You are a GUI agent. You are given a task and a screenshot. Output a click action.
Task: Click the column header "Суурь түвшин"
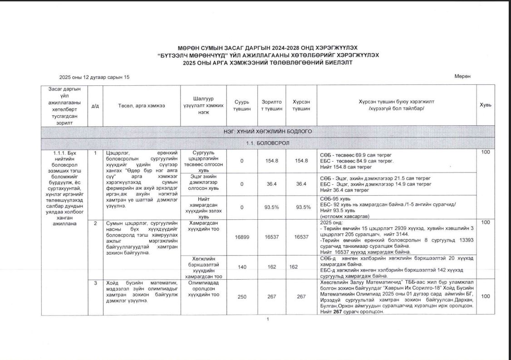point(242,105)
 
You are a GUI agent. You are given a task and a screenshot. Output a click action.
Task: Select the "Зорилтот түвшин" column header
point(271,105)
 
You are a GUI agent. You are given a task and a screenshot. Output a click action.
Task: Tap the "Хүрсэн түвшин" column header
point(301,105)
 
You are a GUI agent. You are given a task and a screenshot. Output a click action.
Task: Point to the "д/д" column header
point(95,105)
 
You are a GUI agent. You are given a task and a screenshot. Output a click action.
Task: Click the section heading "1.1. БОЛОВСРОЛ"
point(267,143)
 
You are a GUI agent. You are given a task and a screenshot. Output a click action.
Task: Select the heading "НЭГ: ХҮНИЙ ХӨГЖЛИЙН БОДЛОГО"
point(267,132)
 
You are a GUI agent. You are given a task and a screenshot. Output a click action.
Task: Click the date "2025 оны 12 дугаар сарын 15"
point(94,77)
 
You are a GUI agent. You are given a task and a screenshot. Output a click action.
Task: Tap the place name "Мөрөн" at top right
point(462,76)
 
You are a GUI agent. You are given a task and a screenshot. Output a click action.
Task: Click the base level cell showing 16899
point(242,237)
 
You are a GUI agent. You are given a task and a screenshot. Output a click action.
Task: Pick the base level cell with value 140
point(242,267)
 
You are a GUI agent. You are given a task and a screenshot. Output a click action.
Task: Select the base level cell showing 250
point(242,296)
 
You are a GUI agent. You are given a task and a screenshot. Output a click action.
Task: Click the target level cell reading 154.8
point(271,161)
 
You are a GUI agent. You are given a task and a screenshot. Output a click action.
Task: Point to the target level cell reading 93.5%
point(271,207)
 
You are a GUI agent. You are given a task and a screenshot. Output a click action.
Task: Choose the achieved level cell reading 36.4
point(301,184)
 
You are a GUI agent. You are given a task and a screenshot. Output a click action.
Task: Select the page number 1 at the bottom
point(268,320)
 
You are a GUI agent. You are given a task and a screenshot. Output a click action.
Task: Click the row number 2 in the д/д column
point(95,223)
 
